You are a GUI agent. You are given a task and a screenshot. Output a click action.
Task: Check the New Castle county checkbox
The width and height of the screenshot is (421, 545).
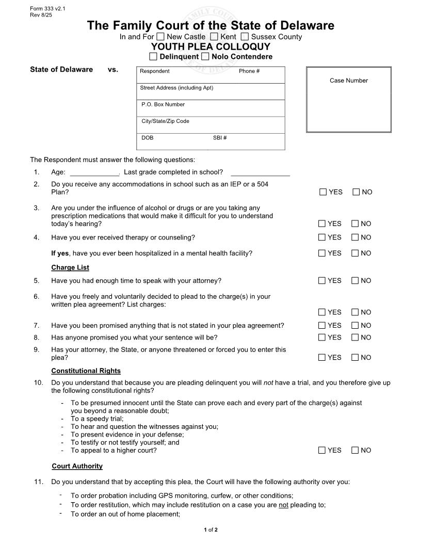tap(160, 37)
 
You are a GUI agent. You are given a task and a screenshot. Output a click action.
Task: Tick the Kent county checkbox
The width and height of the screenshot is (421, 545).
tap(214, 37)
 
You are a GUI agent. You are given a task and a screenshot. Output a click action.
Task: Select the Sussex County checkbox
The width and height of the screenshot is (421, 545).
tap(245, 37)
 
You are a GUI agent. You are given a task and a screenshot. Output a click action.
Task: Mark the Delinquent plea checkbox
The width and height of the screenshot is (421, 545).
tap(153, 56)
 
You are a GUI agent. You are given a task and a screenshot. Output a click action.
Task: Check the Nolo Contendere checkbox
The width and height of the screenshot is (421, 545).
tap(205, 56)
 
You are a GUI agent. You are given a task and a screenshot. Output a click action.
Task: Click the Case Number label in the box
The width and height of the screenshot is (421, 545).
tap(349, 81)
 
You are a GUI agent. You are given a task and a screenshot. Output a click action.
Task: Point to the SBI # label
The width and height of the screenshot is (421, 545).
tap(220, 138)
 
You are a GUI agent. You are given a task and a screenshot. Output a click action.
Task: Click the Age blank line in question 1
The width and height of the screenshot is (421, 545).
tap(94, 173)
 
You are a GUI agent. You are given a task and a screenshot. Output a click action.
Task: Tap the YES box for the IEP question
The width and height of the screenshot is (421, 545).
tap(323, 192)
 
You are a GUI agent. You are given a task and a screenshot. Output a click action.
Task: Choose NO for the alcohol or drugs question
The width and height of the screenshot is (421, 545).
tap(355, 223)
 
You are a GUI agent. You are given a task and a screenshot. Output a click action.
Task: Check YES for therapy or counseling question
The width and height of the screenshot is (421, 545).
tap(322, 237)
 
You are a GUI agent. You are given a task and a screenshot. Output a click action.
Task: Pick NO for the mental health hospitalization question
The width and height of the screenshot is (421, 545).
tap(355, 253)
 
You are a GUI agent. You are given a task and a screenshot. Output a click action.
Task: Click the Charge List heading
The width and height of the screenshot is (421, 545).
tap(70, 267)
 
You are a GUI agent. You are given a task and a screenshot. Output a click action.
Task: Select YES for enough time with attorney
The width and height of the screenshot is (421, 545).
tap(322, 281)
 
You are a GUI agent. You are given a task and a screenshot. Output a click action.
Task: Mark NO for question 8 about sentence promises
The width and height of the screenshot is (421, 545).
tap(355, 338)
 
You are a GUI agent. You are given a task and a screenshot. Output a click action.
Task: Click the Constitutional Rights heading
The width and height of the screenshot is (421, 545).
tap(86, 371)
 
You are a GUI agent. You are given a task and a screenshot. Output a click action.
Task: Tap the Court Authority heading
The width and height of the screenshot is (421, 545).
tap(77, 466)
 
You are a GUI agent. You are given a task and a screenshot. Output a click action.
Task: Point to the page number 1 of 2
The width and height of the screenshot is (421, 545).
tap(211, 530)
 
